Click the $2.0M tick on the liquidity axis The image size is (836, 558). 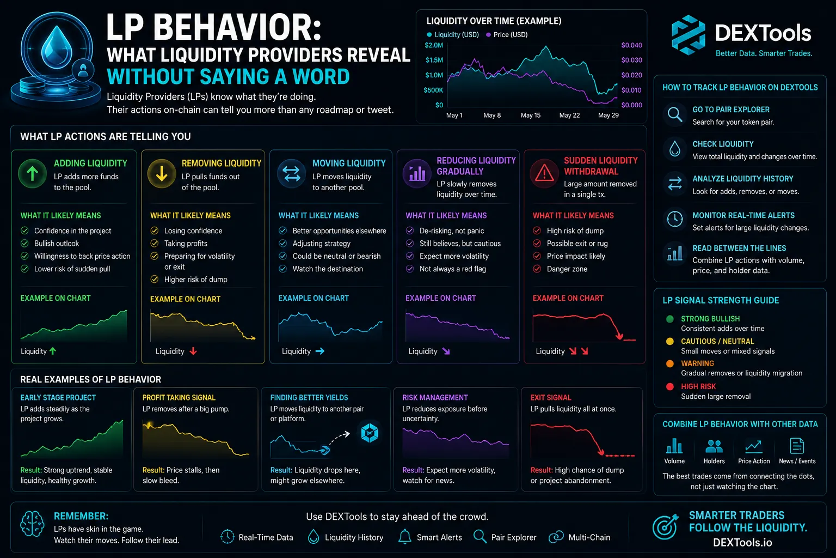point(434,45)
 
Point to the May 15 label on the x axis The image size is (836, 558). point(530,115)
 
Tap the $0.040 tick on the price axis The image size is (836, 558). point(631,45)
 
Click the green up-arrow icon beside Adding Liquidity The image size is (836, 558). point(33,174)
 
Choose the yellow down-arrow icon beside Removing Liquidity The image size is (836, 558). point(162,174)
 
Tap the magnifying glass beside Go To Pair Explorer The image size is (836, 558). point(675,114)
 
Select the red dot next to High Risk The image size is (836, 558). point(670,386)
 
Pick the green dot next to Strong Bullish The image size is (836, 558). point(670,319)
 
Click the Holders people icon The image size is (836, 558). point(714,446)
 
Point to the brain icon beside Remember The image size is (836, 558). point(33,524)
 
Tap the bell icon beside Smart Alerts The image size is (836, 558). point(404,537)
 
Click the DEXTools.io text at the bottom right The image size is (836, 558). point(742,542)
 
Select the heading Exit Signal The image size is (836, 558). point(551,398)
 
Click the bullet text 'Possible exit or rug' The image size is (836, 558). point(577,244)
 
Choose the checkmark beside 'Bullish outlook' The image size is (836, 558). point(24,244)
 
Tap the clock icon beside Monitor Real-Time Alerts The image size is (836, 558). point(675,219)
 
